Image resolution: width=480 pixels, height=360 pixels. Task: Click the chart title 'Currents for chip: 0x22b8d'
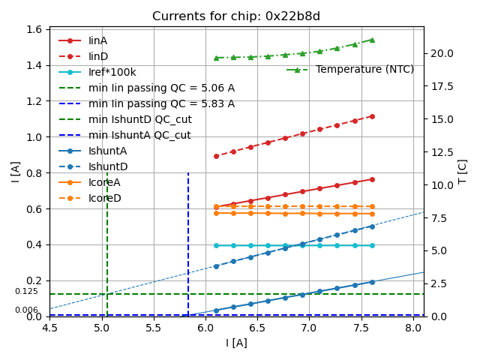pyautogui.click(x=236, y=16)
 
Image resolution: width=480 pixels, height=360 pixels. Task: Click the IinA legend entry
pyautogui.click(x=98, y=40)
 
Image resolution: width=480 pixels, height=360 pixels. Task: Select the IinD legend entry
pyautogui.click(x=98, y=56)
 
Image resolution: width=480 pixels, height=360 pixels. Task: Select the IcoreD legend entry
pyautogui.click(x=104, y=198)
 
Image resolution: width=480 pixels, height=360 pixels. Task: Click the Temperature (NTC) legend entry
pyautogui.click(x=364, y=69)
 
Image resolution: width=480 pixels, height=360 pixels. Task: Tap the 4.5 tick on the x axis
pyautogui.click(x=50, y=328)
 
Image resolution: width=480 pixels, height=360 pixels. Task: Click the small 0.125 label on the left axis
pyautogui.click(x=26, y=291)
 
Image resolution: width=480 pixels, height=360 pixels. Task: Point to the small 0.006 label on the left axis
pyautogui.click(x=26, y=310)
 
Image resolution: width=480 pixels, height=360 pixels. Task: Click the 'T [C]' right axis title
pyautogui.click(x=463, y=172)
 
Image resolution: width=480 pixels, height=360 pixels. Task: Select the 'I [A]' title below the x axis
pyautogui.click(x=236, y=343)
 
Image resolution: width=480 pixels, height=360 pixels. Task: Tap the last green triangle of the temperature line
pyautogui.click(x=372, y=40)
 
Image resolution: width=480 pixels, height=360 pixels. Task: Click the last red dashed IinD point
pyautogui.click(x=372, y=116)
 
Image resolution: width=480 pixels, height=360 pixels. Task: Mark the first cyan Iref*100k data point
pyautogui.click(x=216, y=245)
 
